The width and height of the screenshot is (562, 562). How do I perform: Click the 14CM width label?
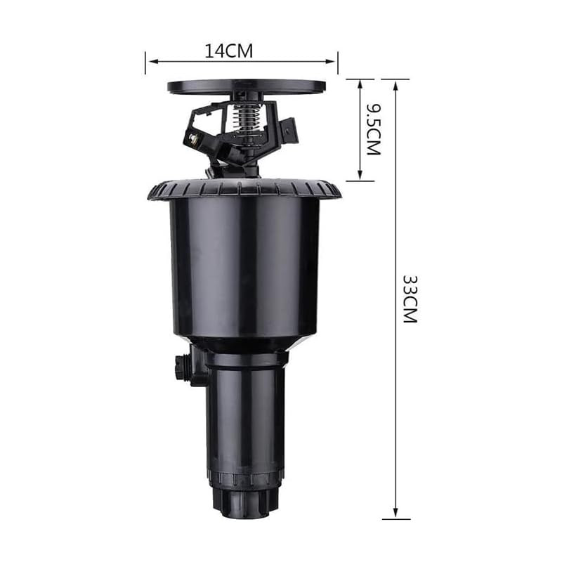click(x=228, y=51)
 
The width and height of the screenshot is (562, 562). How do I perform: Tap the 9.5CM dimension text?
click(x=373, y=130)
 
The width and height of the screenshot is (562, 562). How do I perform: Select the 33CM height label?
click(x=410, y=298)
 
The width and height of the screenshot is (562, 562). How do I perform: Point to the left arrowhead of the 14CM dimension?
click(x=150, y=61)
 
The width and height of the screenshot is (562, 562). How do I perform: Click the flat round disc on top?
click(x=246, y=86)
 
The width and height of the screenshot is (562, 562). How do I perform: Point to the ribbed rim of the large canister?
click(x=244, y=188)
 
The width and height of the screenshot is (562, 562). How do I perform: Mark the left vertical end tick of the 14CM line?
click(x=145, y=62)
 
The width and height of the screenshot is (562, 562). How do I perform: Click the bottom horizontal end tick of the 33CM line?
click(x=396, y=519)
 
